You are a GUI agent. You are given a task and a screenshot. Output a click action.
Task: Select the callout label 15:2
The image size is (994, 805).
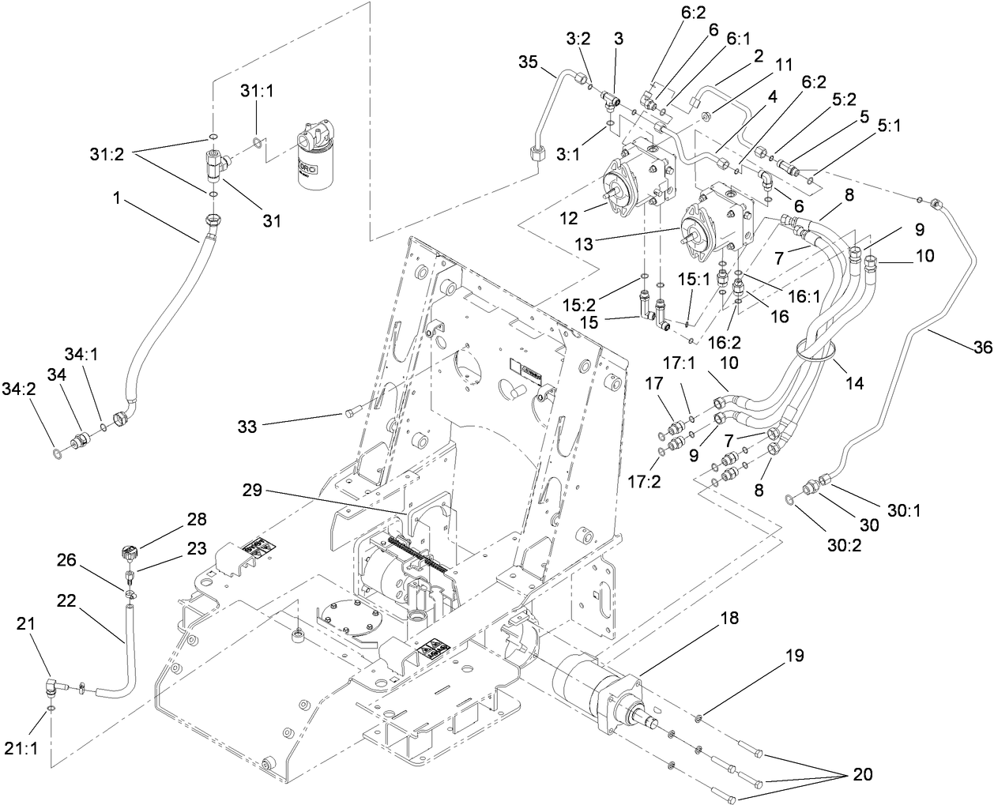click(x=623, y=303)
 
